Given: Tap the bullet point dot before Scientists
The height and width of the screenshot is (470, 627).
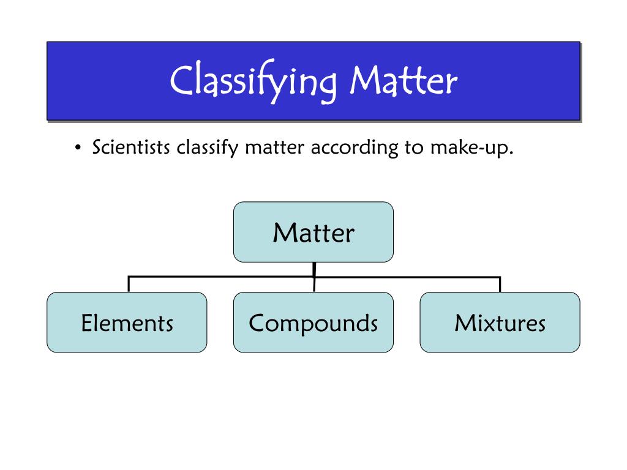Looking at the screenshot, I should (78, 149).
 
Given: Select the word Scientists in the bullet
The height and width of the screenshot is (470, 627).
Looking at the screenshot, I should (131, 148).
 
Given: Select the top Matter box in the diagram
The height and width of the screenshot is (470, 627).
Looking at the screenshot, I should (313, 233).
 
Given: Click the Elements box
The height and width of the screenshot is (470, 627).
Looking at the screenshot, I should (127, 323).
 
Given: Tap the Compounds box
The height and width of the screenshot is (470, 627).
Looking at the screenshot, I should (313, 323).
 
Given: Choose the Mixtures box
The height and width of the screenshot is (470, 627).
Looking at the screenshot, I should (500, 323).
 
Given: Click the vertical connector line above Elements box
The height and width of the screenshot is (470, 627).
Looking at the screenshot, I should (128, 284).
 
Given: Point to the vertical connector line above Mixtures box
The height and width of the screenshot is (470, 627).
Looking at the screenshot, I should (500, 284).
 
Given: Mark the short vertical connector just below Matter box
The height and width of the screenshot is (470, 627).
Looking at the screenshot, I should (313, 269).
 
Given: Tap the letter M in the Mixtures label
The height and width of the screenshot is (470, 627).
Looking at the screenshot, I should (462, 323).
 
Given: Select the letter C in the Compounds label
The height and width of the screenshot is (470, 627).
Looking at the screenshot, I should (256, 323).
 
